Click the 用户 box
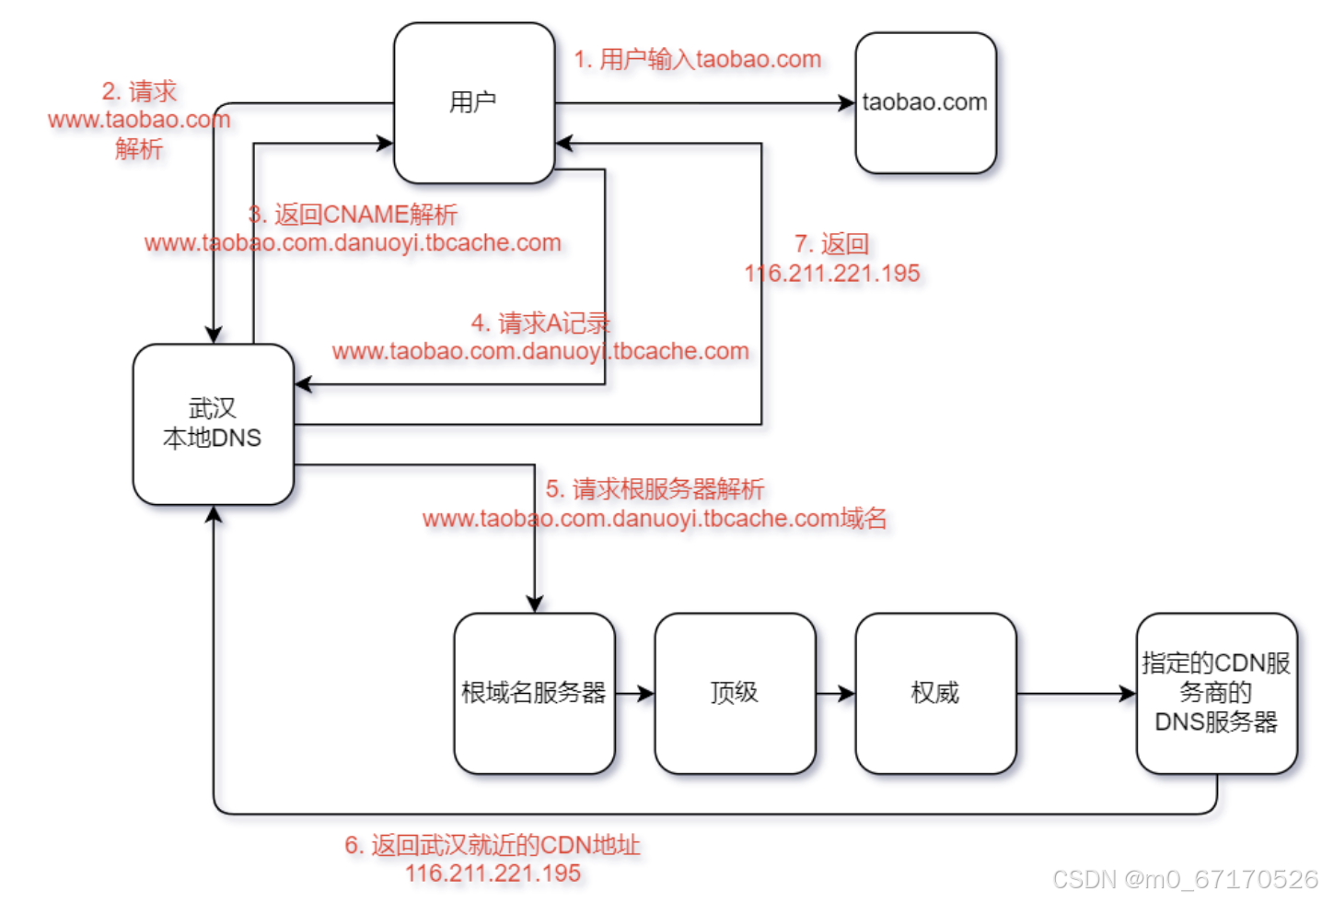tap(473, 102)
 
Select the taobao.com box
tap(925, 102)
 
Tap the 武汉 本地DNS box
tap(213, 424)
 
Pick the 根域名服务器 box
tap(534, 693)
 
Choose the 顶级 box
tap(735, 693)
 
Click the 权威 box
tap(935, 693)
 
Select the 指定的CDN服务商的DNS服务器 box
tap(1216, 693)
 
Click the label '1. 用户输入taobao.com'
tap(697, 60)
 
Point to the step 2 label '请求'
tap(139, 91)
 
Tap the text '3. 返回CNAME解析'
tap(353, 215)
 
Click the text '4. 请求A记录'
tap(540, 323)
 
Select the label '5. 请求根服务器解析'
tap(655, 489)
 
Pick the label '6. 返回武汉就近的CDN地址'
tap(493, 845)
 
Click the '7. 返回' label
tap(832, 244)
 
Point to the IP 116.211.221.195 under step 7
tap(832, 274)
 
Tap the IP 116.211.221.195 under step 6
tap(493, 874)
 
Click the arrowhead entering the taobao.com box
tap(847, 103)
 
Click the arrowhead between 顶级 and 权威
tap(846, 693)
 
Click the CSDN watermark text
tap(1185, 880)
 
